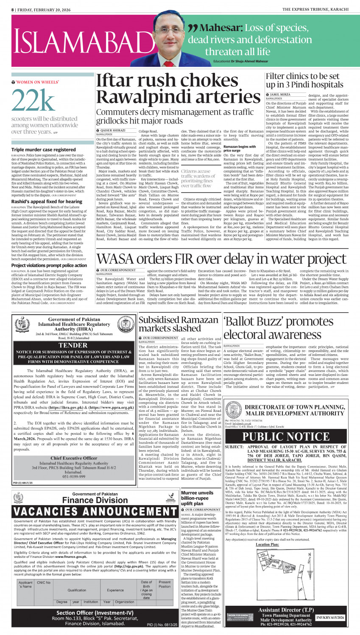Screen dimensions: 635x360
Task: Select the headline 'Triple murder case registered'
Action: (44, 150)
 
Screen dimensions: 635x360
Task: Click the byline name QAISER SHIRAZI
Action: (113, 130)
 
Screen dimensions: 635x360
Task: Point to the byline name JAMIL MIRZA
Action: (280, 95)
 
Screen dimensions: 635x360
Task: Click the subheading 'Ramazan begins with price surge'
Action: (240, 148)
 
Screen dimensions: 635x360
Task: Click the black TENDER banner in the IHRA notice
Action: (73, 345)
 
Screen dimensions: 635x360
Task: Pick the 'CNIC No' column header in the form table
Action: (44, 582)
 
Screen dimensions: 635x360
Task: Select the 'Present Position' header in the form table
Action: (165, 584)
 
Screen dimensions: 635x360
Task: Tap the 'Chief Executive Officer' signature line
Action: (74, 458)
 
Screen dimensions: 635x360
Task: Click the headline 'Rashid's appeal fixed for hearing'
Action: (47, 201)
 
